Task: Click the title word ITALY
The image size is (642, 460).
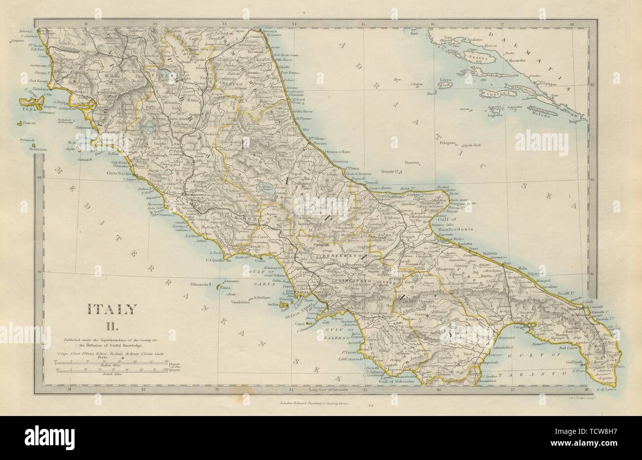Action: [x=112, y=309]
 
